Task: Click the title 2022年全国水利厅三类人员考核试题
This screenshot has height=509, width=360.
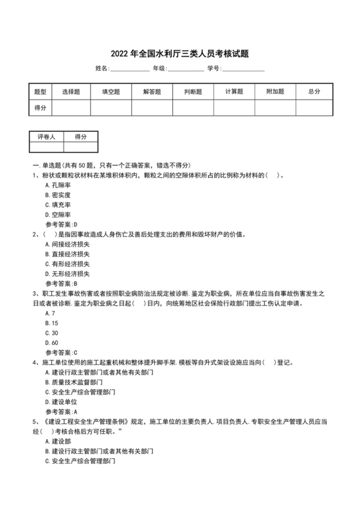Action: (x=179, y=53)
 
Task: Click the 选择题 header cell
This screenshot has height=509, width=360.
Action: (x=71, y=92)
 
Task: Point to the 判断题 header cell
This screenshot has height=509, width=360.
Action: (x=193, y=92)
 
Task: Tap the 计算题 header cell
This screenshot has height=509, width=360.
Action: (x=234, y=92)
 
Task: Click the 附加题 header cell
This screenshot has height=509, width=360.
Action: (x=274, y=92)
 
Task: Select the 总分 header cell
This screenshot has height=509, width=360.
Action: (x=314, y=92)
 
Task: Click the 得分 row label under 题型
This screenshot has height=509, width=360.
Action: (x=40, y=108)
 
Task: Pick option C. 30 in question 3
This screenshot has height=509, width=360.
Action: (x=52, y=333)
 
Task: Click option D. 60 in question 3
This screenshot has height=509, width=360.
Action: (x=52, y=343)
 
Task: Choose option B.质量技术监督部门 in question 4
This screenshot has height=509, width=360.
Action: (x=76, y=382)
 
